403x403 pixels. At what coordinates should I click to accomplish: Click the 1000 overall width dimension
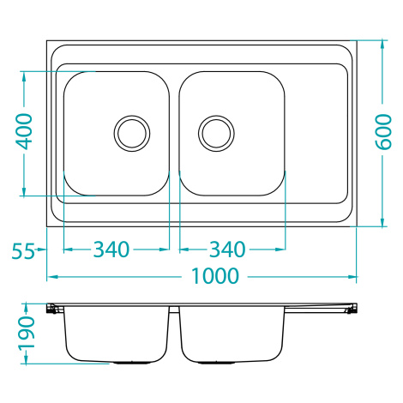click(214, 276)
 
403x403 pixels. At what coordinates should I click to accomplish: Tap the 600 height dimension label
click(383, 132)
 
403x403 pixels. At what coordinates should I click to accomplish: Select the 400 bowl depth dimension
click(24, 131)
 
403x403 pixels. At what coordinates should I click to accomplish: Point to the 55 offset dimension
click(23, 250)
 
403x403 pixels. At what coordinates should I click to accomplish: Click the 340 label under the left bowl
click(111, 250)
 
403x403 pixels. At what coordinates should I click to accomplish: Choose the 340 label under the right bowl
click(227, 250)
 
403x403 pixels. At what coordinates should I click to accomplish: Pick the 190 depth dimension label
click(27, 333)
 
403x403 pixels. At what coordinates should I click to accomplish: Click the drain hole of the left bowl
click(132, 134)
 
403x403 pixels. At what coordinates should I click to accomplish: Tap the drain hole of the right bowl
click(216, 134)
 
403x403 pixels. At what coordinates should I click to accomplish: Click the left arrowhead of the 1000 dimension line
click(52, 277)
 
